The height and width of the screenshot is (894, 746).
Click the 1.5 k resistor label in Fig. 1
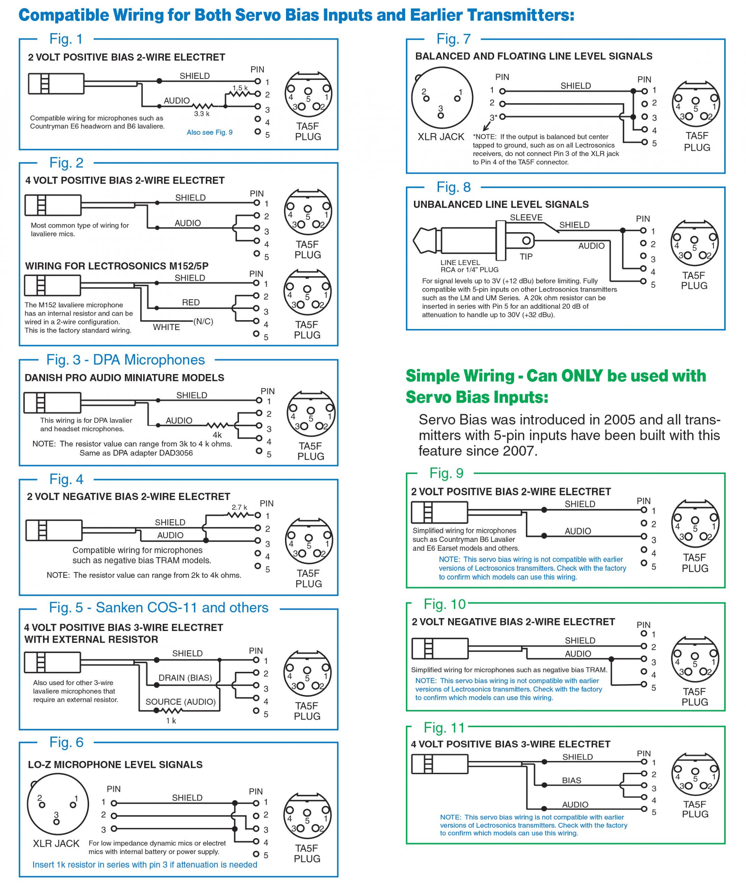(x=240, y=88)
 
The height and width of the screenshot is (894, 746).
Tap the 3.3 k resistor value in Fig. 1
(x=202, y=113)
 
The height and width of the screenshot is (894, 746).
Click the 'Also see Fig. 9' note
(x=210, y=132)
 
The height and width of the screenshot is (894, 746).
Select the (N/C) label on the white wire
(x=203, y=321)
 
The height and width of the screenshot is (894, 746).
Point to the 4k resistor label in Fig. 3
(x=217, y=435)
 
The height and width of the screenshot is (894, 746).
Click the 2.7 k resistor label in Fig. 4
(x=239, y=507)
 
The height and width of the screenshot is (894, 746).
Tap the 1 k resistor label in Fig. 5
(x=171, y=720)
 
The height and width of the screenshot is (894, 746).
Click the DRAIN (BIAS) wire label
(x=185, y=677)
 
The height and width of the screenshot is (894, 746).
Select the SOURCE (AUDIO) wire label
(x=181, y=702)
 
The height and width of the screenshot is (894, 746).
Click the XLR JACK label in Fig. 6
(x=56, y=843)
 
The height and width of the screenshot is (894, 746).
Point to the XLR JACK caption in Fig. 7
(x=441, y=137)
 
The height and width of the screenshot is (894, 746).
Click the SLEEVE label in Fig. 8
(x=526, y=218)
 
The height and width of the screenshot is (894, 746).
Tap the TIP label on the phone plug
(x=526, y=257)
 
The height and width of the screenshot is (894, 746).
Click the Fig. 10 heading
(x=445, y=604)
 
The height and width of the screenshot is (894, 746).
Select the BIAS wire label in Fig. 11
(x=571, y=781)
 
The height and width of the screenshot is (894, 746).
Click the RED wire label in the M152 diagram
(x=191, y=302)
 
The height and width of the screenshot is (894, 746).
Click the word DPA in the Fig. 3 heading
(x=107, y=360)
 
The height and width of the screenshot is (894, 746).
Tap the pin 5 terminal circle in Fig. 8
(x=643, y=281)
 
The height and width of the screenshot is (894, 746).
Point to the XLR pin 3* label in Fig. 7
(x=493, y=117)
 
